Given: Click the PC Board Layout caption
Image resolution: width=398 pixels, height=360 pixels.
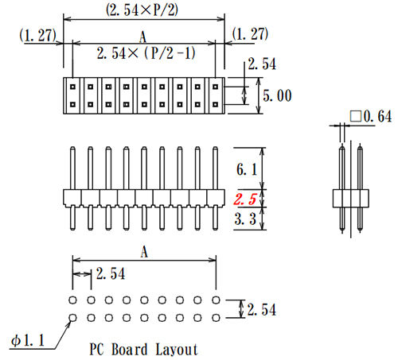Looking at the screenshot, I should (x=143, y=349).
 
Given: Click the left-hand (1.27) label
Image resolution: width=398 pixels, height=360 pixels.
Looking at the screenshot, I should (x=37, y=34).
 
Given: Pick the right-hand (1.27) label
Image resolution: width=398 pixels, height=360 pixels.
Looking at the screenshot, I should (x=249, y=34).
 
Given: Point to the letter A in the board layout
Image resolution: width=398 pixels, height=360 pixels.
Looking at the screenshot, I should (x=143, y=251).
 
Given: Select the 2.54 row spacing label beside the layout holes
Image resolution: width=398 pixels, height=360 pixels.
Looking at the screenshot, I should (x=261, y=310).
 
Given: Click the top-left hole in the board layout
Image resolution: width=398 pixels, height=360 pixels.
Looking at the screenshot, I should (x=72, y=301).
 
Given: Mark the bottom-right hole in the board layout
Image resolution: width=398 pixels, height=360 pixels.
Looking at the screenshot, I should (x=215, y=319).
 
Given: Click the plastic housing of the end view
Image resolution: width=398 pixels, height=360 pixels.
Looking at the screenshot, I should (x=350, y=198).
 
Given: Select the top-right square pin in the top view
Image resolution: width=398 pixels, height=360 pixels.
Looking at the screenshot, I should (x=215, y=83).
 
